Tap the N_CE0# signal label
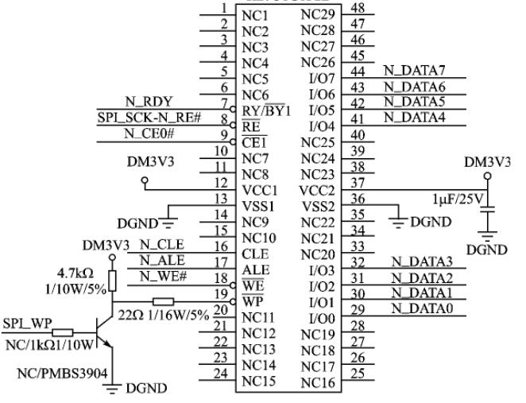click(147, 133)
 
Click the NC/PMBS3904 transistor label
click(64, 373)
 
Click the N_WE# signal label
click(162, 276)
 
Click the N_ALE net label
click(160, 260)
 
